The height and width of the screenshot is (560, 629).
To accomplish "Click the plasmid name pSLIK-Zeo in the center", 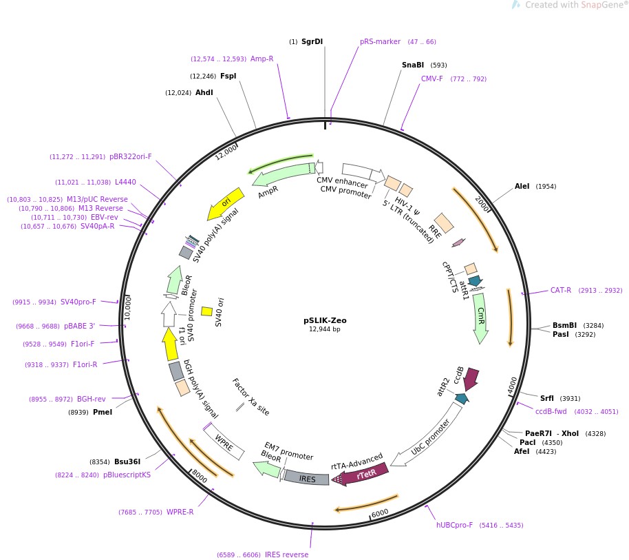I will coord(325,320).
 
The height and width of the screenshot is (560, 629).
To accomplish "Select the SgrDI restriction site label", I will coord(312,42).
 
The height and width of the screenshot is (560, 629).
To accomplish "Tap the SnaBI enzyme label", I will coord(413,65).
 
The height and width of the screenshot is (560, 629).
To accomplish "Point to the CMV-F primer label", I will coord(432,79).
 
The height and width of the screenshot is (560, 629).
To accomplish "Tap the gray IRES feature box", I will coord(307,478).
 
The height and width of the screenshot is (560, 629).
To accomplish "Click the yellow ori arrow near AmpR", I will coord(225,203).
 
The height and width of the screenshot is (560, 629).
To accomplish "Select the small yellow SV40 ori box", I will coord(206,311).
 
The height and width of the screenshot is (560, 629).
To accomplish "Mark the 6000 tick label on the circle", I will coord(379,512).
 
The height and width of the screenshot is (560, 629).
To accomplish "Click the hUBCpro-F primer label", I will coord(455,525).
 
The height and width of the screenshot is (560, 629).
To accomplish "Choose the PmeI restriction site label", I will coord(102,412).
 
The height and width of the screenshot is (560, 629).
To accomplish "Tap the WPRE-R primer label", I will coord(180,512).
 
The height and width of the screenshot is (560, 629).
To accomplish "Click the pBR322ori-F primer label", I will coord(130,156).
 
